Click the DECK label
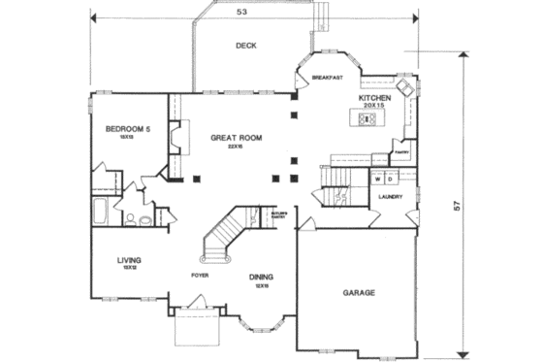(x=245, y=46)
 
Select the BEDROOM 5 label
(x=128, y=129)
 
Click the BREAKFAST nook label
(x=328, y=77)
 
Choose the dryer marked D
(x=389, y=180)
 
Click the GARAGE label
(x=358, y=292)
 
